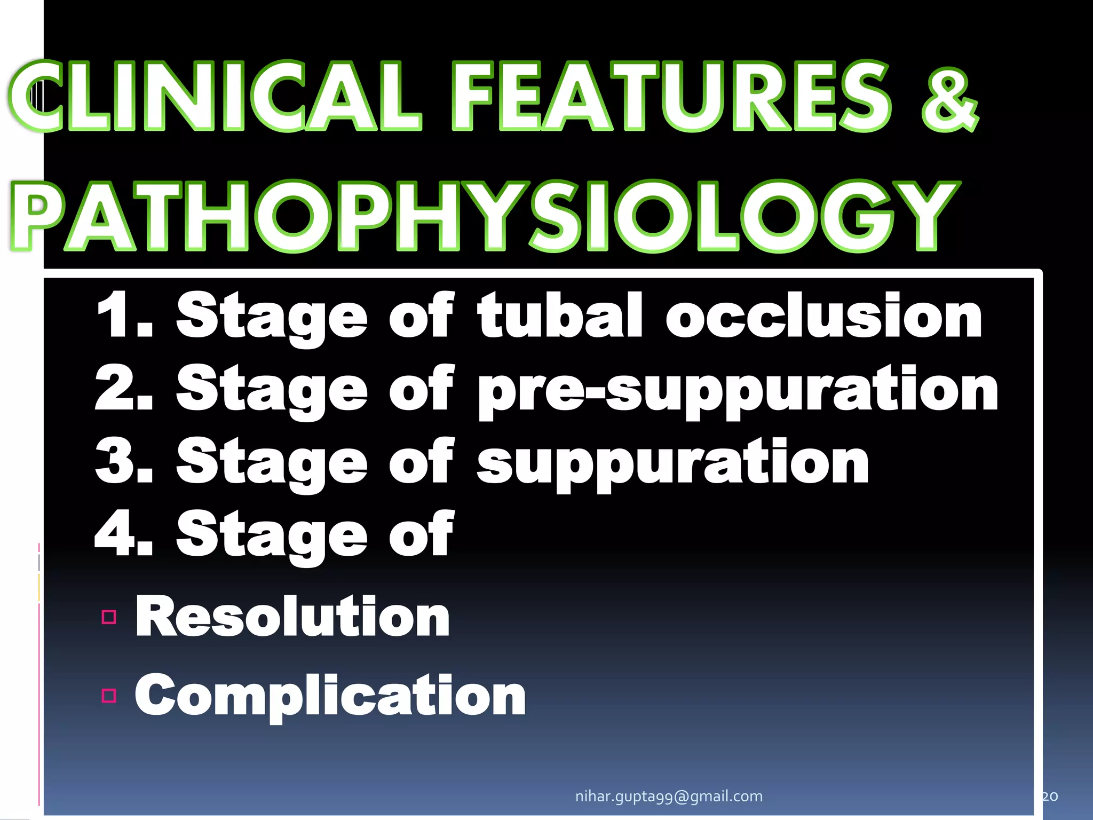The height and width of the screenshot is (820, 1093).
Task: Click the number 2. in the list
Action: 124,388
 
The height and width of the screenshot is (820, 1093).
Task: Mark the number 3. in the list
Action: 124,461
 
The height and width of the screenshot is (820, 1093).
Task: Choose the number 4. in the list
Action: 124,533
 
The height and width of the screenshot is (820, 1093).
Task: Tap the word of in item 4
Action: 422,533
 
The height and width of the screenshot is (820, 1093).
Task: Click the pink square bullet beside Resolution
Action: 109,617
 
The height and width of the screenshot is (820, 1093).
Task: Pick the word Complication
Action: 330,695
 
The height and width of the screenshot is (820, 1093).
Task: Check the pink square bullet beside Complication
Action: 109,696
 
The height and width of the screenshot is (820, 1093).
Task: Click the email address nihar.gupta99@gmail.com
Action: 669,796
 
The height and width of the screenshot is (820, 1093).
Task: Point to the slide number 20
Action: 1050,796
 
